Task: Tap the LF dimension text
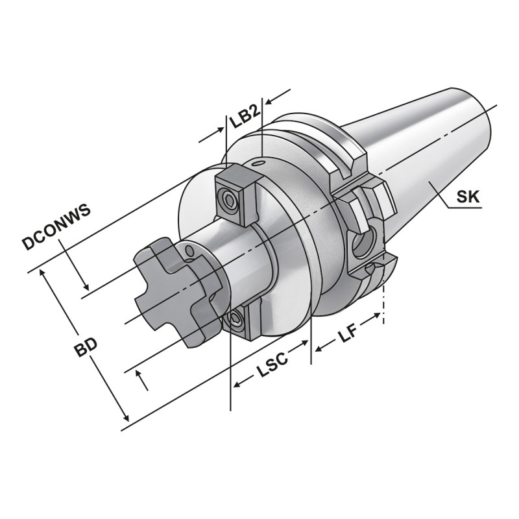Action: [x=346, y=336]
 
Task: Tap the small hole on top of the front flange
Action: [x=259, y=163]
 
